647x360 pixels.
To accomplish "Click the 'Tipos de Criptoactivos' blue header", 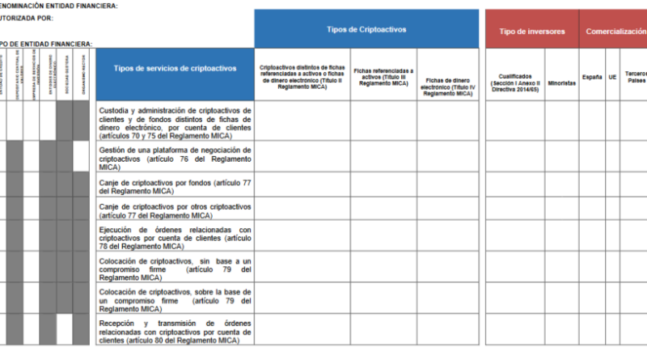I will click(x=366, y=29).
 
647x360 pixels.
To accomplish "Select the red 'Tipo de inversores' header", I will click(x=531, y=31).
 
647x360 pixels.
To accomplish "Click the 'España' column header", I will click(x=592, y=77).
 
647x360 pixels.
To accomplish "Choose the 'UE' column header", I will click(x=612, y=77).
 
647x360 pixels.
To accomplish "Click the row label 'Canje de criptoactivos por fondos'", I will click(x=175, y=187).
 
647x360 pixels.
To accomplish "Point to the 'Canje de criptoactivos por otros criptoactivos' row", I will click(x=175, y=210).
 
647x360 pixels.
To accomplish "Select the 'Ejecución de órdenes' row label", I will click(x=175, y=238).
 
